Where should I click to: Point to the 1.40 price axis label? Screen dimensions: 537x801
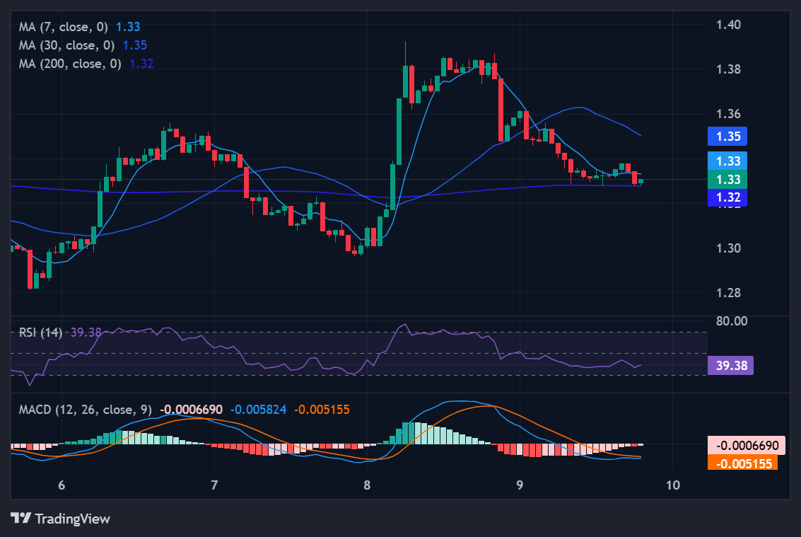coord(728,25)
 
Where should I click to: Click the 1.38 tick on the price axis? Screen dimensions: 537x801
coord(728,69)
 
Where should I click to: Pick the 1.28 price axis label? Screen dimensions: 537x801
coord(728,293)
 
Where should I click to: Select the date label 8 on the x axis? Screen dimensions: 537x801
coord(366,485)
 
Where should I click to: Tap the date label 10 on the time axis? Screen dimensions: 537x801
coord(673,485)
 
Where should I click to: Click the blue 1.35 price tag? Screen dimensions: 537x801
coord(727,137)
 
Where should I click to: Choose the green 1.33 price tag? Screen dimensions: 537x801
coord(727,180)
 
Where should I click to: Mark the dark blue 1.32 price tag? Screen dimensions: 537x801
coord(727,197)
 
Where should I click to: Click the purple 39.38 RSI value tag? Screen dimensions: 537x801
coord(730,365)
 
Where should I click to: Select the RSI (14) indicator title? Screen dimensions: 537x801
coord(40,333)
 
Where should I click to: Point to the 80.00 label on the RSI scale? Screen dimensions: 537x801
coord(731,321)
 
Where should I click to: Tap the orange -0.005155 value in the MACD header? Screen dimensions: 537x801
coord(322,409)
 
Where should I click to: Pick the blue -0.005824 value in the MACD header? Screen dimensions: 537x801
coord(259,409)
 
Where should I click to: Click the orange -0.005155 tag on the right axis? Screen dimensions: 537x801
coord(742,463)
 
